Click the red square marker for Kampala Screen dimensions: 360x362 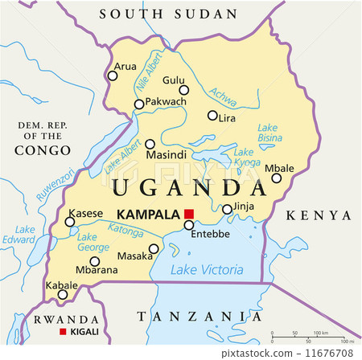pyautogui.click(x=189, y=213)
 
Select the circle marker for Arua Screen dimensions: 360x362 pyautogui.click(x=113, y=76)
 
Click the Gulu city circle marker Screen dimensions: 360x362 pyautogui.click(x=183, y=90)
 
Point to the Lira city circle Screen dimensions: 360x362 pyautogui.click(x=212, y=116)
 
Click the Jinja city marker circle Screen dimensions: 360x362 pyautogui.click(x=227, y=209)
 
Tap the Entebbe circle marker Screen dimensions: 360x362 pyautogui.click(x=188, y=225)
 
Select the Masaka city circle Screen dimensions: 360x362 pyautogui.click(x=154, y=248)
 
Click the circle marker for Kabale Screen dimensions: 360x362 pyautogui.click(x=63, y=294)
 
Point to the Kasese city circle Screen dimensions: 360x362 pyautogui.click(x=70, y=223)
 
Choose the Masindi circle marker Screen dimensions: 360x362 pyautogui.click(x=150, y=145)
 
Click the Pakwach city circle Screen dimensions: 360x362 pyautogui.click(x=139, y=104)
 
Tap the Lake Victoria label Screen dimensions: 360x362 pyautogui.click(x=207, y=270)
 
